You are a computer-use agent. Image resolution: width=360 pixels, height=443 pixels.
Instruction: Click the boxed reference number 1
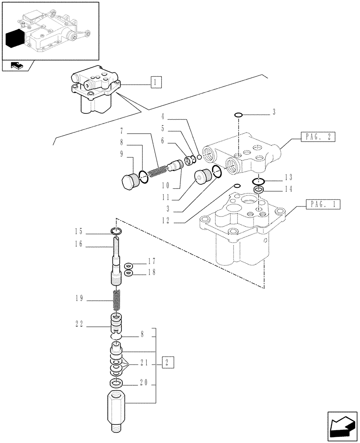coord(156,83)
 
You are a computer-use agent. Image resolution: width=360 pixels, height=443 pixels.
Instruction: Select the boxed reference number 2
coord(168,362)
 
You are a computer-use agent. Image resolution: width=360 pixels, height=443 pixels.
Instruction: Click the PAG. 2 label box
coord(318,136)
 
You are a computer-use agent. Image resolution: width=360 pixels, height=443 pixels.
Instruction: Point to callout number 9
coord(121,154)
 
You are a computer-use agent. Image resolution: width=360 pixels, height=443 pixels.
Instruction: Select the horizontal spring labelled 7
coord(156,171)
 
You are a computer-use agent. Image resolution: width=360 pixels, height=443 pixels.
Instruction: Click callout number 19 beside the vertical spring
coord(80,299)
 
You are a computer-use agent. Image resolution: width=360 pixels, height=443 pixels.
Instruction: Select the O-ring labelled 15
coord(117,231)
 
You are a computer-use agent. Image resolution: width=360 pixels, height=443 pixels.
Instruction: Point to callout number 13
coord(289,178)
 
